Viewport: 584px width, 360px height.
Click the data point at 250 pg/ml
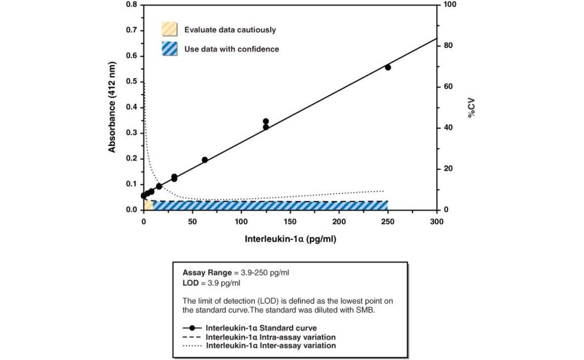coord(387,67)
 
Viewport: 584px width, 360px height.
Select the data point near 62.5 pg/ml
coord(205,160)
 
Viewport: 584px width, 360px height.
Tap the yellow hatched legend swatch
coord(169,29)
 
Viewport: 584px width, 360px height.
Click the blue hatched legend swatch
coord(169,49)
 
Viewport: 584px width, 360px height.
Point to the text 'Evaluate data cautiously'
coord(230,29)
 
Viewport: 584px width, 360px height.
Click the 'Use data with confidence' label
coord(231,49)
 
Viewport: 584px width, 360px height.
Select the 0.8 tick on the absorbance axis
coord(132,4)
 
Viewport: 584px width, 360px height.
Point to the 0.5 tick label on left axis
coord(132,81)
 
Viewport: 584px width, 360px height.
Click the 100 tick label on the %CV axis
coord(450,4)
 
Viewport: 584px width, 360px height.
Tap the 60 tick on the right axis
coord(448,86)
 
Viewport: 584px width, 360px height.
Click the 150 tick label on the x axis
coord(290,221)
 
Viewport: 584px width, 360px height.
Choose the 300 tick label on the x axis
coord(437,221)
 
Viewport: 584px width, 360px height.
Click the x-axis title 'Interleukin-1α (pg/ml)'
coord(290,240)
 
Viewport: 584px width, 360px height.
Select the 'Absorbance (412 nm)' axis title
coord(112,107)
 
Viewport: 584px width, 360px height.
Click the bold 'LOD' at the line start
coord(191,282)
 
